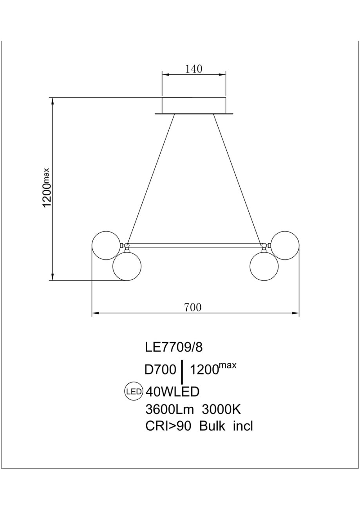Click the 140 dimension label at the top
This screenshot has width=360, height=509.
(x=194, y=69)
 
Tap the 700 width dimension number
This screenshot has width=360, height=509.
(x=193, y=307)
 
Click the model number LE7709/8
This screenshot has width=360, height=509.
(x=174, y=347)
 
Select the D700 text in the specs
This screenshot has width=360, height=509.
(x=161, y=370)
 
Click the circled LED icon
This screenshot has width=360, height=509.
(x=134, y=391)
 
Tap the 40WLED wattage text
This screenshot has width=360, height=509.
(x=172, y=392)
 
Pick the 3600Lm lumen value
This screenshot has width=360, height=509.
(x=170, y=410)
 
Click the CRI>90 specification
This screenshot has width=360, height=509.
(x=168, y=426)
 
